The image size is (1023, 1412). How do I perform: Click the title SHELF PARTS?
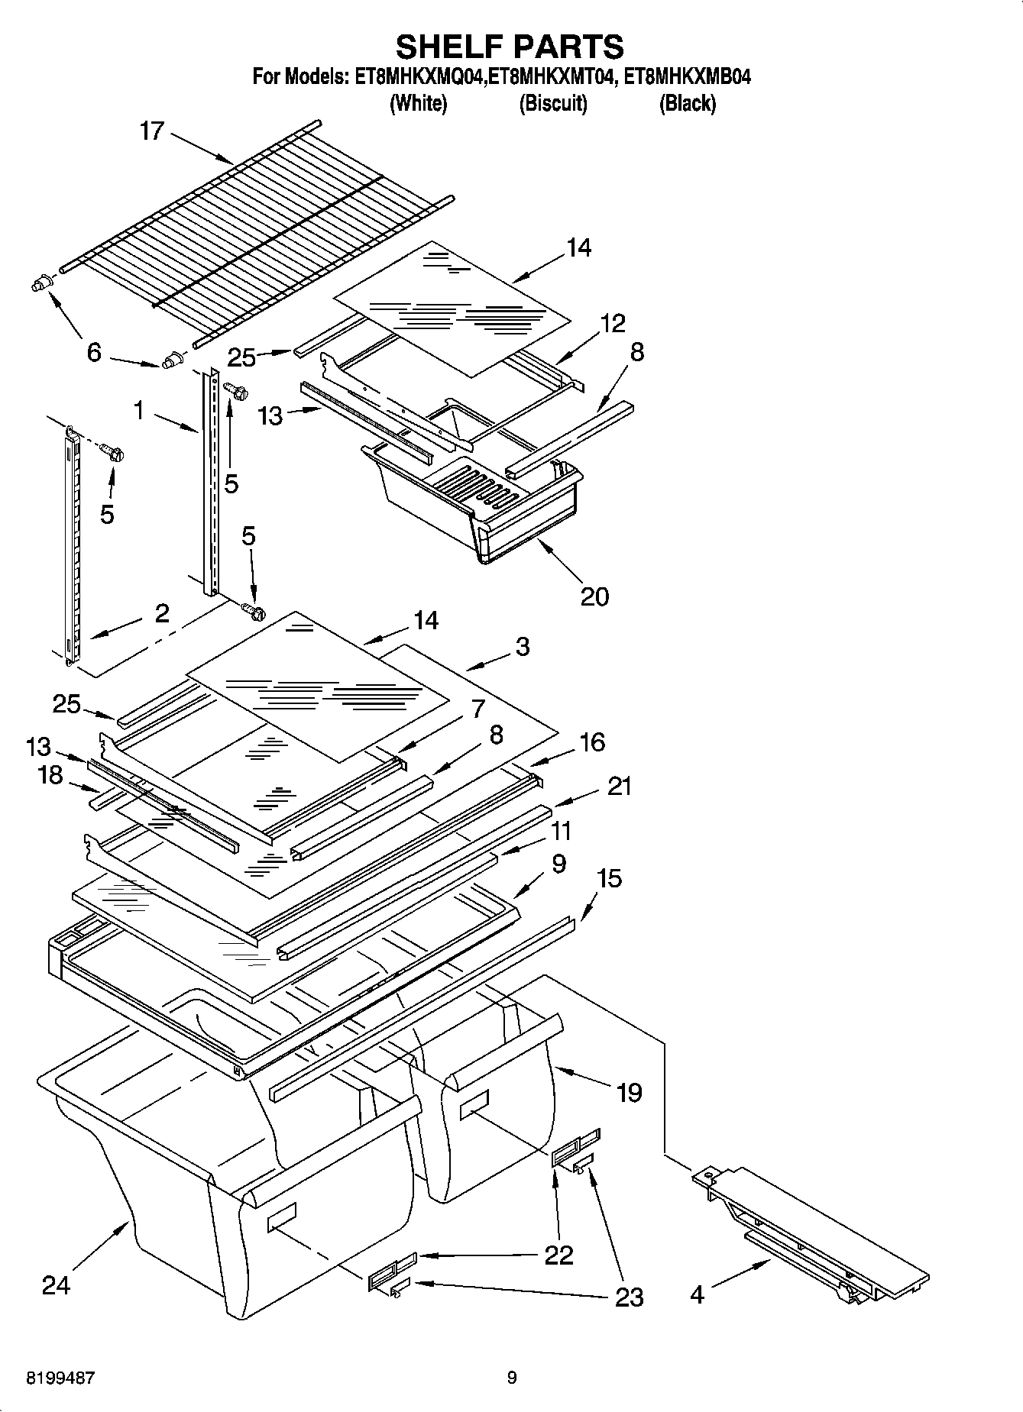510,47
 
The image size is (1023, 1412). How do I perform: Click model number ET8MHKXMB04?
688,76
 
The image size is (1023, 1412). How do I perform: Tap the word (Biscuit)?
553,103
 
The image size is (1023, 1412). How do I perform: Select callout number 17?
152,131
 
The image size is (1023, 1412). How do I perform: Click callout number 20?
594,596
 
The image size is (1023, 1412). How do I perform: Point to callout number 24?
56,1284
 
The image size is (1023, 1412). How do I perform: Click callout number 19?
629,1093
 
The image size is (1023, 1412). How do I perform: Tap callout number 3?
522,647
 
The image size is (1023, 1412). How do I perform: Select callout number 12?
613,323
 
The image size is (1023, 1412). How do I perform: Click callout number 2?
162,613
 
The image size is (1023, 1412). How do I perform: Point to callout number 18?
50,775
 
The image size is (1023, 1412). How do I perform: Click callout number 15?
609,879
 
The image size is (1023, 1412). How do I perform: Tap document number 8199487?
61,1378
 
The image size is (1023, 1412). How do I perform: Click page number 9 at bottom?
512,1378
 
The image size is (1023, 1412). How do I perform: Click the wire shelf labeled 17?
252,229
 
